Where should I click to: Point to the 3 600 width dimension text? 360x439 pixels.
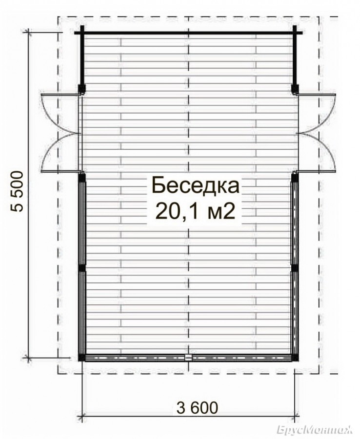tap(197, 408)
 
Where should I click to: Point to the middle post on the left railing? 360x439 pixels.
tap(81, 268)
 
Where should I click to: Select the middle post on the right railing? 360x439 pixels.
tap(295, 268)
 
